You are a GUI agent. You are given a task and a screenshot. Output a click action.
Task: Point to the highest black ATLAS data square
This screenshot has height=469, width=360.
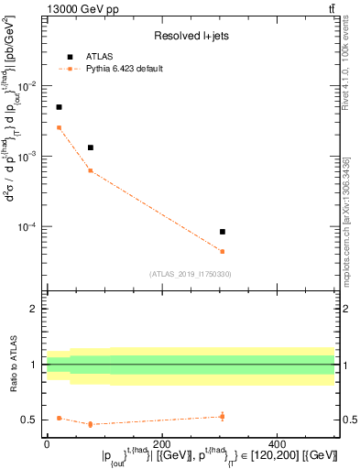tap(59, 107)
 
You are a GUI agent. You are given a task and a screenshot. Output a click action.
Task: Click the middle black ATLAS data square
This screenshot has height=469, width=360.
tap(91, 147)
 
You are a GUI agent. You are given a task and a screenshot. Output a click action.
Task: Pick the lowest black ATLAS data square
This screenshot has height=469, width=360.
tap(274, 232)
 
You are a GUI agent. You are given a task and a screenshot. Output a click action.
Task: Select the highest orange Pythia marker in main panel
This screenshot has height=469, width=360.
tap(59, 127)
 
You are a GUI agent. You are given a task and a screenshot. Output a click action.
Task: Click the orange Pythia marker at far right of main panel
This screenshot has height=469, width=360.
tap(274, 251)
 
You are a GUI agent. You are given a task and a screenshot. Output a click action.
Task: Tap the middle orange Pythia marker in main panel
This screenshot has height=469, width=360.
tap(91, 170)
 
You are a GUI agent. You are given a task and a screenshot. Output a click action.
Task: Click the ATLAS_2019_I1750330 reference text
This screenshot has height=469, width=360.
tap(191, 274)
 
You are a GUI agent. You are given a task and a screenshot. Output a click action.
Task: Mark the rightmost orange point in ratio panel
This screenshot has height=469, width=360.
tap(274, 417)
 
